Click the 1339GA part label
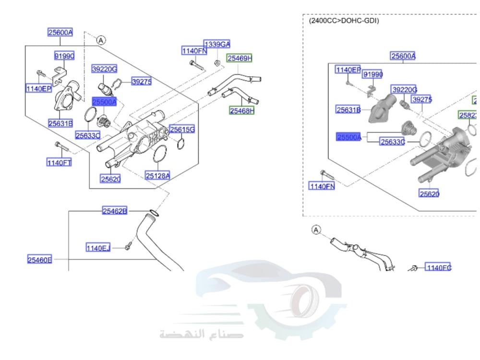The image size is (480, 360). coord(217,44)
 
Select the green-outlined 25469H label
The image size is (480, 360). coord(240,59)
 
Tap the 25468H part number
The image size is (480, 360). coord(241,111)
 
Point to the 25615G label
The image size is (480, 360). coord(182,130)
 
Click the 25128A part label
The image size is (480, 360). coord(157,176)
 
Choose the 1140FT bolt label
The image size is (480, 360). coord(59,163)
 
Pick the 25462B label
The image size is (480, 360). coord(115,211)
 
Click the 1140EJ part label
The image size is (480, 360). coord(98,248)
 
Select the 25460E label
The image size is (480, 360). coord(39,260)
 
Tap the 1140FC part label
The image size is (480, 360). coord(438,267)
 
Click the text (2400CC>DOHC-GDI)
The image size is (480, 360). coord(344,21)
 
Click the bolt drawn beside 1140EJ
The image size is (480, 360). coord(128,247)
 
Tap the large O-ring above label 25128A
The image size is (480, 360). coord(160,155)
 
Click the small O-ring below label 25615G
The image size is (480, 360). coord(180,144)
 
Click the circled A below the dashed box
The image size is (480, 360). coord(316,230)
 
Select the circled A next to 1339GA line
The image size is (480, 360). coord(101,41)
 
